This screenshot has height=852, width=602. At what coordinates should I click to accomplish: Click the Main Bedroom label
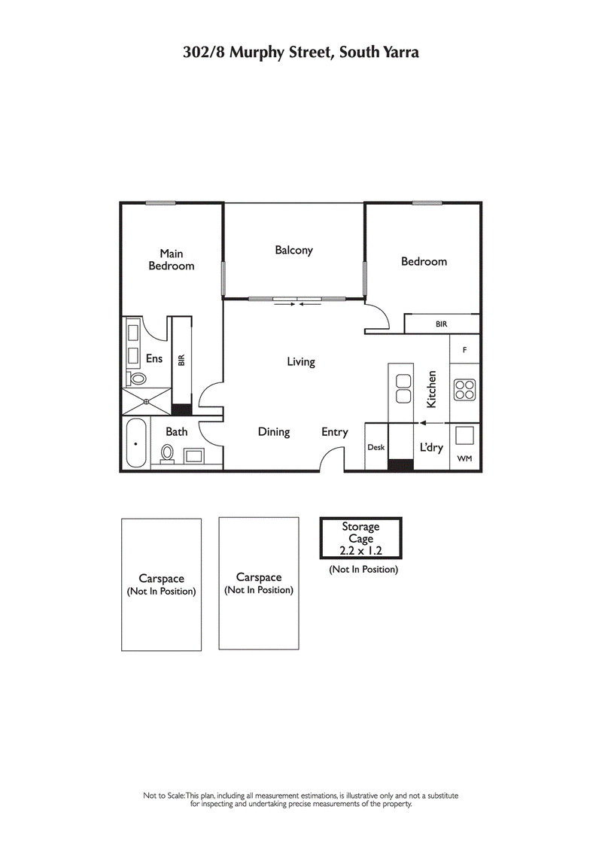[171, 260]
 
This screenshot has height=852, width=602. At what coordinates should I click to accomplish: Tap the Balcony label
[293, 250]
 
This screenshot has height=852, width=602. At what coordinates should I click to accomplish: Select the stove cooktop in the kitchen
[464, 389]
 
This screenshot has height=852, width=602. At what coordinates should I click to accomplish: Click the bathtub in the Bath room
[136, 443]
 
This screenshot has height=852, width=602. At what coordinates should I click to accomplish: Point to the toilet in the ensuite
[138, 379]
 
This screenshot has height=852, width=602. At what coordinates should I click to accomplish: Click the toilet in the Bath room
[167, 454]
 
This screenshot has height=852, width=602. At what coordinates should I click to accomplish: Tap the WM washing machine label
[464, 458]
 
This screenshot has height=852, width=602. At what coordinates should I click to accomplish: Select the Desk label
[375, 447]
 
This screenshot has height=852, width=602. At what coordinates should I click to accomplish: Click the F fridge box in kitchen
[464, 350]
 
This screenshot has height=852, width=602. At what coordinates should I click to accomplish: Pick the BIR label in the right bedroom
[441, 324]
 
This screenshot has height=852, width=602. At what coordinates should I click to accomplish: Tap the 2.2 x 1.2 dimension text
[360, 550]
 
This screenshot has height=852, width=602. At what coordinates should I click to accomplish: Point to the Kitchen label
[432, 389]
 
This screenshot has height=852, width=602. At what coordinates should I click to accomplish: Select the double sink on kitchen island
[403, 388]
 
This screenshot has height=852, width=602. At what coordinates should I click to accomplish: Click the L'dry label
[431, 447]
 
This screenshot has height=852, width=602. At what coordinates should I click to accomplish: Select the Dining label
[274, 432]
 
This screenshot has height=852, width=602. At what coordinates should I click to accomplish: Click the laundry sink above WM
[464, 436]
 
